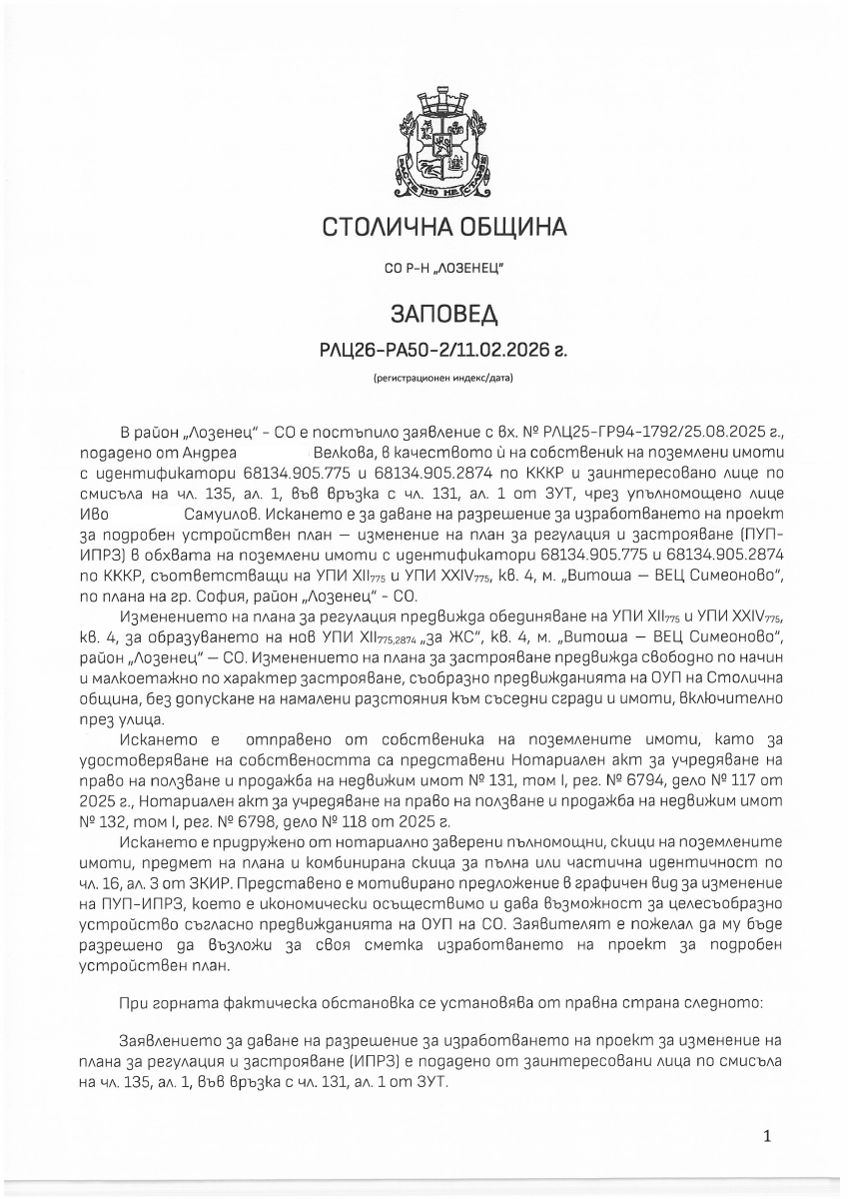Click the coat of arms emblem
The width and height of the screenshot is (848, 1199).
(x=443, y=140)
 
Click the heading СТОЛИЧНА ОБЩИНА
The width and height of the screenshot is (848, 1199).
(x=443, y=228)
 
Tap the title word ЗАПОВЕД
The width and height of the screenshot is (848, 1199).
(x=443, y=315)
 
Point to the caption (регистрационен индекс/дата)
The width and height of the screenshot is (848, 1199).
(x=443, y=379)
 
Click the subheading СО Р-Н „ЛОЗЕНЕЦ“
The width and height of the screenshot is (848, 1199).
(x=443, y=270)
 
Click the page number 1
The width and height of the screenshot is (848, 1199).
(x=766, y=1136)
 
